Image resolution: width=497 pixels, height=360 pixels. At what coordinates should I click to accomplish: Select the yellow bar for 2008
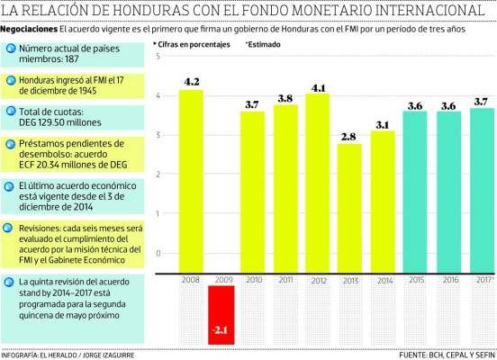190,180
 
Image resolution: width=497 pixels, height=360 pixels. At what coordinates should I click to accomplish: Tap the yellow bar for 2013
350,207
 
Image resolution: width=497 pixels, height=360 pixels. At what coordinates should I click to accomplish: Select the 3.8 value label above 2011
286,98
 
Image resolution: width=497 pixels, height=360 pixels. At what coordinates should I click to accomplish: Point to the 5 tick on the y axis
159,57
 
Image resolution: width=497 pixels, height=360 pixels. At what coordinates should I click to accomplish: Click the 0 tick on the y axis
159,253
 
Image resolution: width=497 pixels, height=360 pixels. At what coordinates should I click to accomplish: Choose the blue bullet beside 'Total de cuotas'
8,115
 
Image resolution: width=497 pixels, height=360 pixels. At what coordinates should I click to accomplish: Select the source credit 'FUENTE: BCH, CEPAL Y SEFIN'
446,355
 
